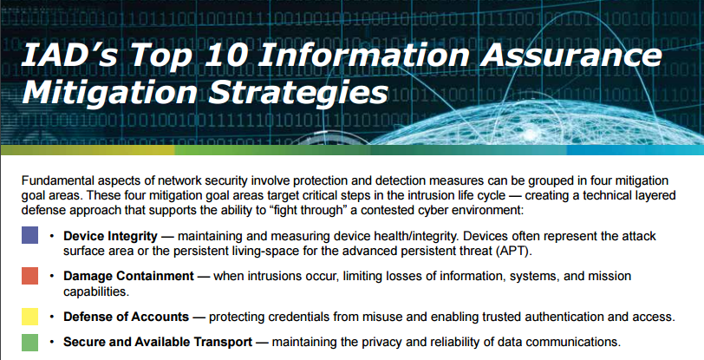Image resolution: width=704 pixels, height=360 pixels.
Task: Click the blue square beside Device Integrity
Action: coord(29,235)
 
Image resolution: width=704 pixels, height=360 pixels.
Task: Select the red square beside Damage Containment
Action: coord(29,276)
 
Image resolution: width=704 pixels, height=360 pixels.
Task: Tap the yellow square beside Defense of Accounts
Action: coord(29,317)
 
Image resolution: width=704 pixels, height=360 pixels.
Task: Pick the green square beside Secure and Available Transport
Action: coord(29,343)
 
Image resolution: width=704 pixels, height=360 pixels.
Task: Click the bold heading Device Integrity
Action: coord(110,236)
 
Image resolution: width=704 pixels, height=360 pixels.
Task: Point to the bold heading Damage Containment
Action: coord(128,276)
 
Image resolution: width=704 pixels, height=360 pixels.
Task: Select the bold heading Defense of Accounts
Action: coord(127,317)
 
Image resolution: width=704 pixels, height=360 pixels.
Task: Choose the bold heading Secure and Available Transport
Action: coord(158,342)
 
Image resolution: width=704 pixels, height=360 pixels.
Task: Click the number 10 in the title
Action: coord(225,55)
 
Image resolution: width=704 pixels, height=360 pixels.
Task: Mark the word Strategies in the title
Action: coord(298,92)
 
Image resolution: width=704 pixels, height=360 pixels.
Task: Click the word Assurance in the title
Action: coord(572,55)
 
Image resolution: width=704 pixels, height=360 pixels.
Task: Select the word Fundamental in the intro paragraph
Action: coord(56,180)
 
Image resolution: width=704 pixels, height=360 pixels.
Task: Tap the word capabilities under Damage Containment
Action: coord(96,291)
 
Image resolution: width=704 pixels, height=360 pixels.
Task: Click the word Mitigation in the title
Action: coord(110,93)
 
